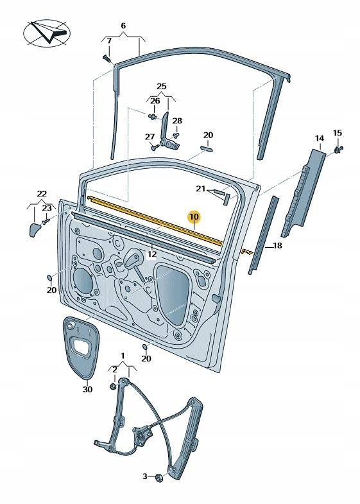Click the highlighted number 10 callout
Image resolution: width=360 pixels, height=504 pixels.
[x=194, y=217]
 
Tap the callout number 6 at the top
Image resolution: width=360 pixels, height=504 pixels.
[x=123, y=26]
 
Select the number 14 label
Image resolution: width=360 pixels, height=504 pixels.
[x=319, y=139]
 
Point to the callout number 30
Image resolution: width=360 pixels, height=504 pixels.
[x=87, y=389]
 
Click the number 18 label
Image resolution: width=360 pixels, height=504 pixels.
[x=277, y=245]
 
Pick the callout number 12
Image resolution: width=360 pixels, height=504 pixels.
[x=151, y=254]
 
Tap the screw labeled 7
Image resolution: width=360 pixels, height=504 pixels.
[x=107, y=58]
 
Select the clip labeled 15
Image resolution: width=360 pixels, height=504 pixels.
[x=338, y=149]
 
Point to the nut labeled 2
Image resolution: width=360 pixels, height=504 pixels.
[x=114, y=386]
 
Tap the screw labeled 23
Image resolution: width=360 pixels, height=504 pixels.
[x=46, y=222]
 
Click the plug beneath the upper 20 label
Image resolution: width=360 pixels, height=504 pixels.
[x=206, y=148]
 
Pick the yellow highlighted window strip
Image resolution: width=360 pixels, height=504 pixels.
[x=155, y=222]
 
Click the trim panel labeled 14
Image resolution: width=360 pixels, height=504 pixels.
[x=303, y=192]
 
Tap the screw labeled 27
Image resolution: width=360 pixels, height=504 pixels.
[x=155, y=148]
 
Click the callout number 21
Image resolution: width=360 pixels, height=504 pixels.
[x=200, y=189]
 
